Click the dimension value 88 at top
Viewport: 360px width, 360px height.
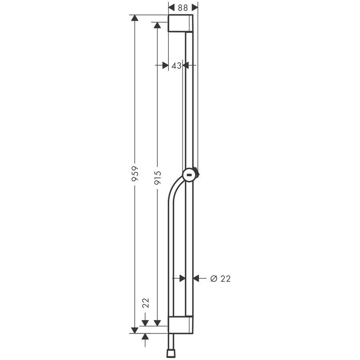(183, 7)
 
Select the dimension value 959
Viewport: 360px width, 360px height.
(135, 174)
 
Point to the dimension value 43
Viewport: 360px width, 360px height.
(176, 66)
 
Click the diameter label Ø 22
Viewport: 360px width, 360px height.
(220, 278)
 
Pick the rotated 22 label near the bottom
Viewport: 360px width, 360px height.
(146, 303)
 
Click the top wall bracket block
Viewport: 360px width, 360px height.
(180, 23)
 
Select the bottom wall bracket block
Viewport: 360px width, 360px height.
(180, 325)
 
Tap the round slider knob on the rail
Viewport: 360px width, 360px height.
(190, 174)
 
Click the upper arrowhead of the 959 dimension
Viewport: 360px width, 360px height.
(135, 18)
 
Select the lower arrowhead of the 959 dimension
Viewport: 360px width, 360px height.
(135, 329)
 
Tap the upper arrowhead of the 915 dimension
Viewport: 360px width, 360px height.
(158, 26)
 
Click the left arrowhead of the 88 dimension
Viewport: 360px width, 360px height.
(172, 7)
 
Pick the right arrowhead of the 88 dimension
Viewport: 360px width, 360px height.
(195, 7)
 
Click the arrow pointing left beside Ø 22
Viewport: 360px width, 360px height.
(197, 278)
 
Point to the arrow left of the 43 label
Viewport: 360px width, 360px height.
(164, 66)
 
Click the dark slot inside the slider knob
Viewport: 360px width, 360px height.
(190, 175)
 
